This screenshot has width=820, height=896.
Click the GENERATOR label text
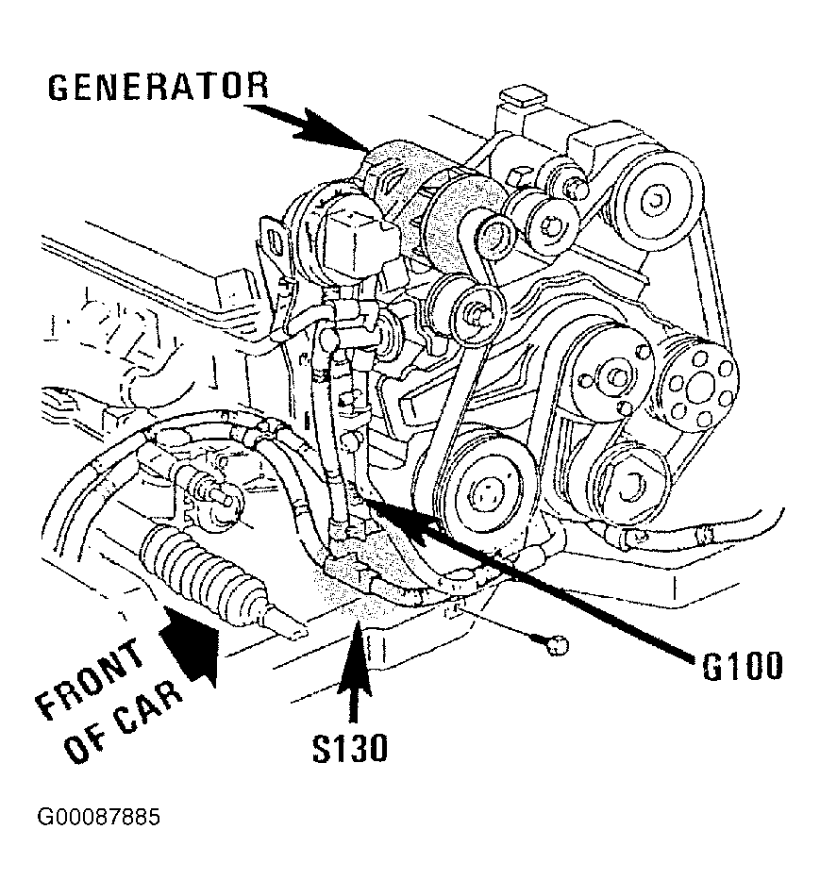(158, 87)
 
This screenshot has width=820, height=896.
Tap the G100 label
(742, 666)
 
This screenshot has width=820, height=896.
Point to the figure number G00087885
(99, 817)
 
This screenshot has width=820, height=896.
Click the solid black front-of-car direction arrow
(192, 644)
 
